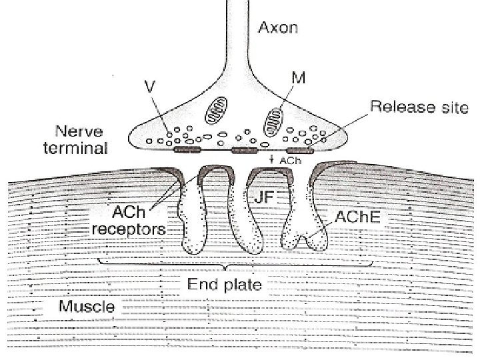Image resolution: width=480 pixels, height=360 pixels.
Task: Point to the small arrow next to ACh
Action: point(273,160)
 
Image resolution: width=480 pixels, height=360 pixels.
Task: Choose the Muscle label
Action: point(87,307)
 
